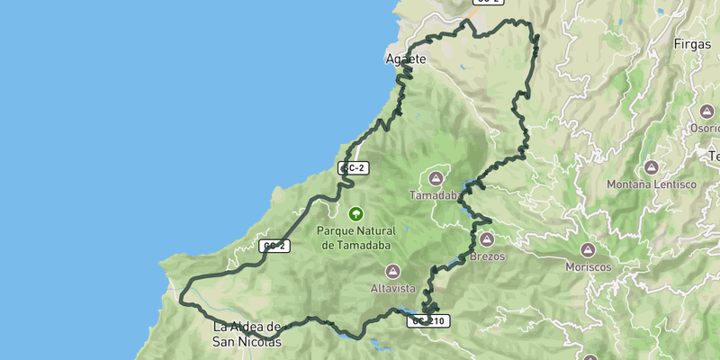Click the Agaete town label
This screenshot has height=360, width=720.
(x=405, y=58)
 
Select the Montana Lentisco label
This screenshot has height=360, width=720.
(x=652, y=184)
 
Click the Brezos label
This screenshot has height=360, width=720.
(x=486, y=256)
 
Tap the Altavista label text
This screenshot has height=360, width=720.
(x=392, y=289)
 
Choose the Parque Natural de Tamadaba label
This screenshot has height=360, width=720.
(x=356, y=238)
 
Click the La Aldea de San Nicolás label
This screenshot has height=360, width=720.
(x=247, y=334)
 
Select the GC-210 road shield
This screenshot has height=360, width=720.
(x=428, y=320)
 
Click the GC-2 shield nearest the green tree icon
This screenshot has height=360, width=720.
(x=354, y=168)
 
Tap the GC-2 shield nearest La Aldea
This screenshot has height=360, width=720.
(x=274, y=246)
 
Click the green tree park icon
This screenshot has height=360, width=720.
(x=356, y=214)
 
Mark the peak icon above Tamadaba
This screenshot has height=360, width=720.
(x=437, y=178)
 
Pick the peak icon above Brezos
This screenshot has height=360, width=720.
(x=486, y=240)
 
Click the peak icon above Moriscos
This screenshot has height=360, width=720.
(x=588, y=250)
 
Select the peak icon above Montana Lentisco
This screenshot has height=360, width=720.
(x=652, y=167)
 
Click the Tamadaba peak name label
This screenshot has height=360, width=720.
(x=436, y=195)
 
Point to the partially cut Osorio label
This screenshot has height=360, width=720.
(x=706, y=129)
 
